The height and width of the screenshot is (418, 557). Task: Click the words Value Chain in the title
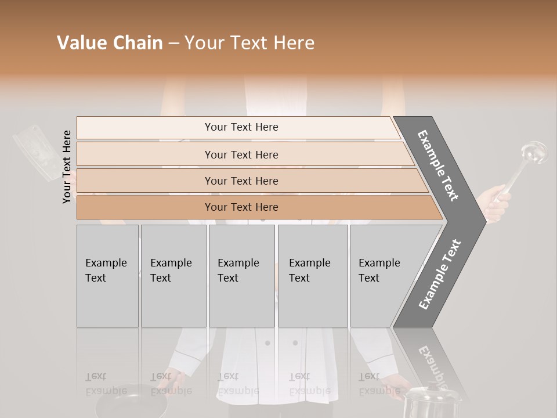click(110, 43)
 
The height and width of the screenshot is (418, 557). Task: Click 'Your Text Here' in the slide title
click(249, 43)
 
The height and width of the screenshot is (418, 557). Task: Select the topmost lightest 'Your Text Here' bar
click(241, 127)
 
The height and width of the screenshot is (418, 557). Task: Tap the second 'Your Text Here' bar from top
click(241, 154)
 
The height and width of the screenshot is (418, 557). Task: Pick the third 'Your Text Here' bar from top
click(241, 181)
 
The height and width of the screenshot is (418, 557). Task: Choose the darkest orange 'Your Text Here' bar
click(241, 207)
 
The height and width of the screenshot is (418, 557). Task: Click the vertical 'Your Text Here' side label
click(67, 167)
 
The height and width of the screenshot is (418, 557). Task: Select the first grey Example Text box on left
click(107, 276)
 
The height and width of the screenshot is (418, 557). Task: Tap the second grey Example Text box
click(173, 276)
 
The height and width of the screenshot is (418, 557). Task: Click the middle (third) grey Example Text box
click(241, 276)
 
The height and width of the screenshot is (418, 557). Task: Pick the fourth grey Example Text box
click(312, 276)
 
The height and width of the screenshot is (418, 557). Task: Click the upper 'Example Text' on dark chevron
click(438, 165)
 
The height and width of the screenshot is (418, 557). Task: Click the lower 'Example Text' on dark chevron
click(440, 274)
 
